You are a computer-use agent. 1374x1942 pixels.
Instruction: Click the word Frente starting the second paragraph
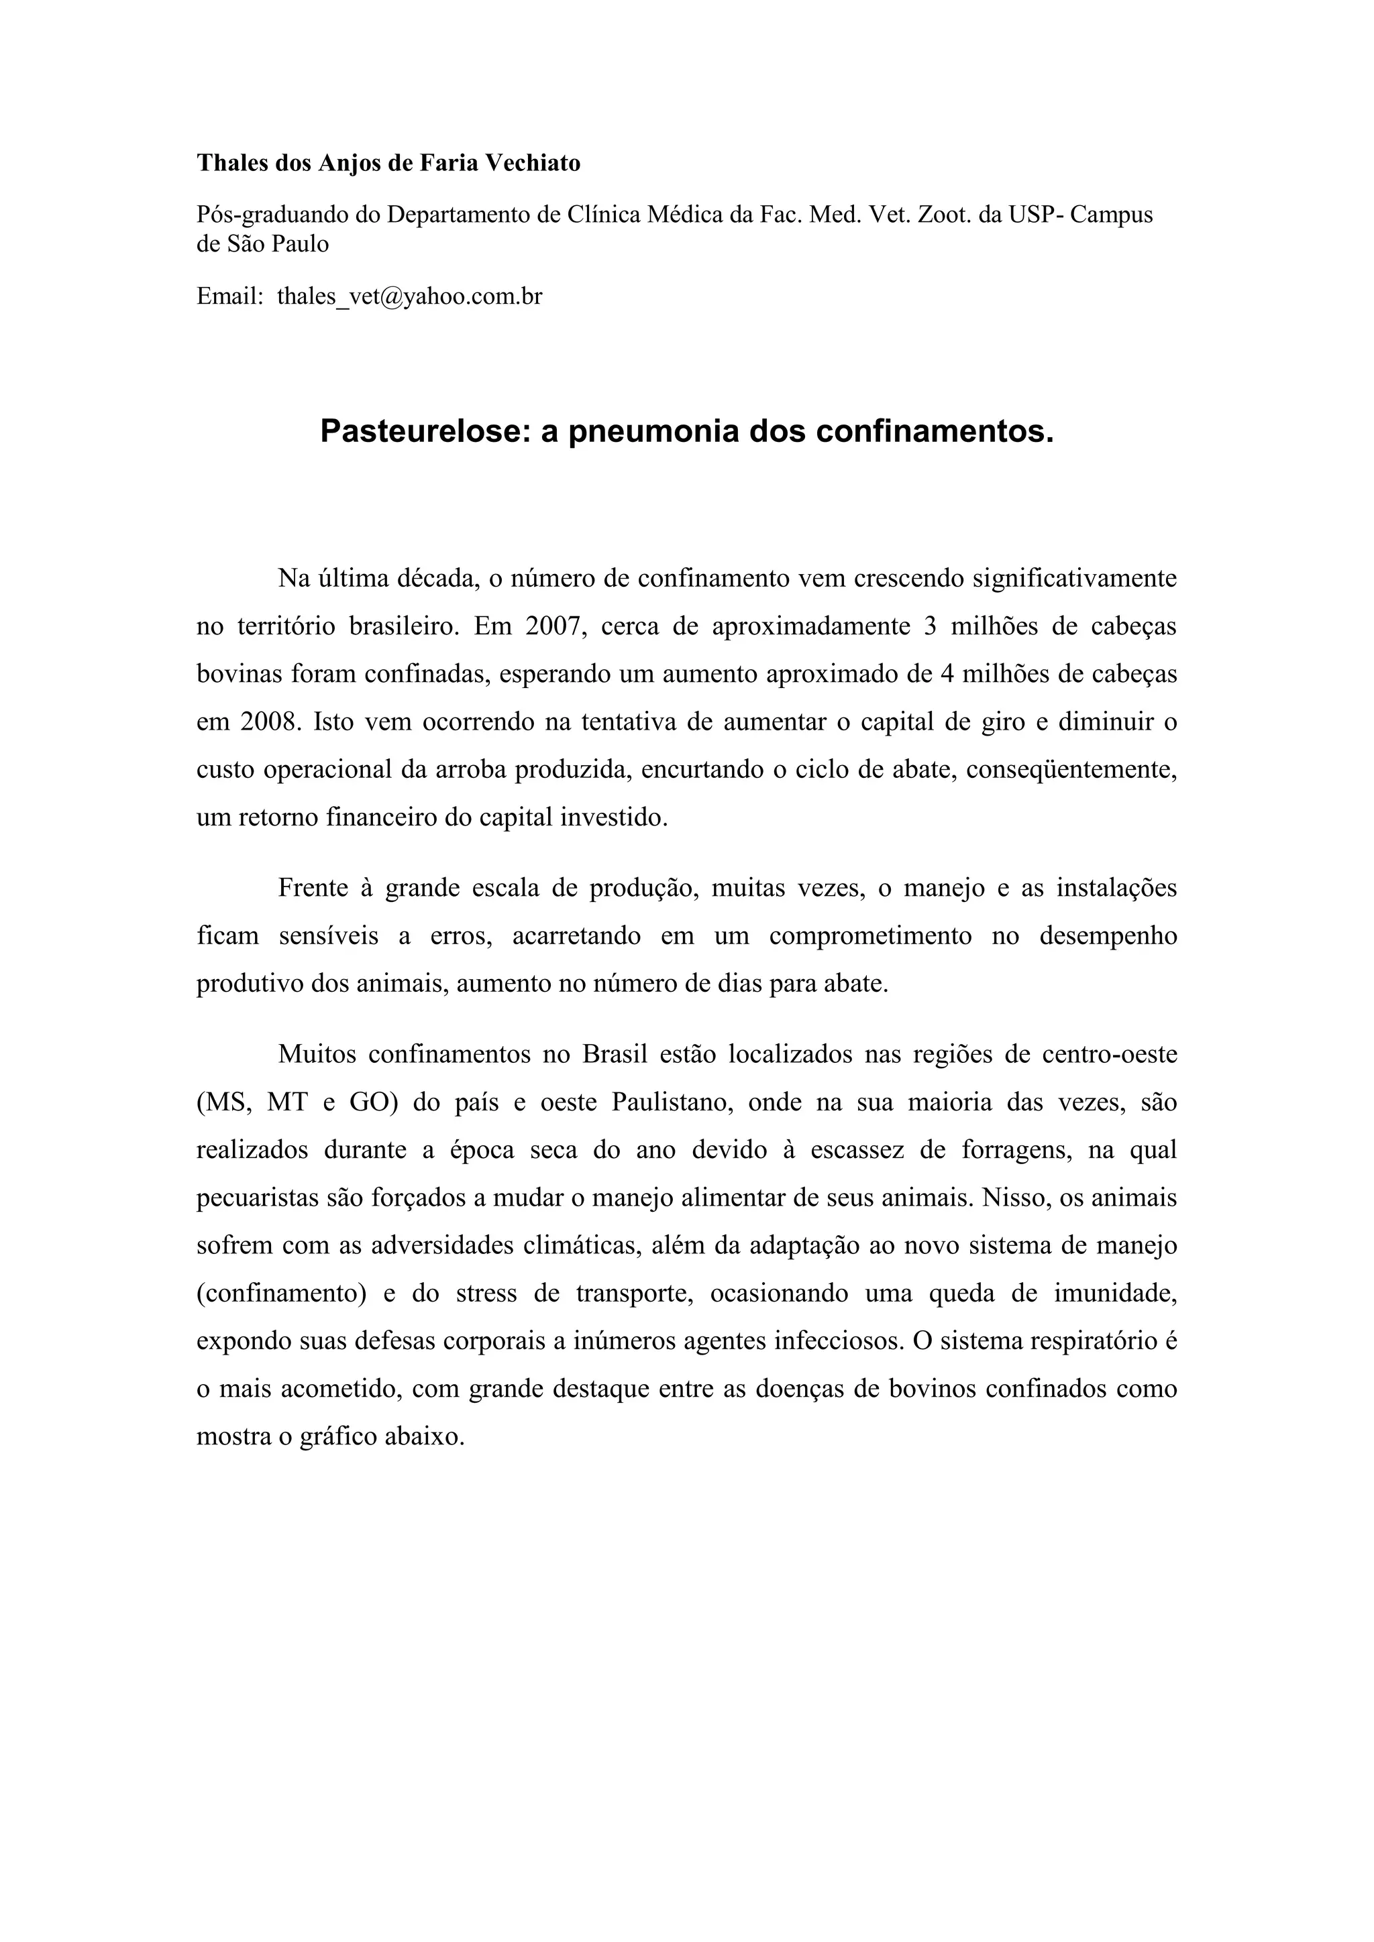(312, 888)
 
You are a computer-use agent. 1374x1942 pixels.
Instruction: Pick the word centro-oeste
(1109, 1055)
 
